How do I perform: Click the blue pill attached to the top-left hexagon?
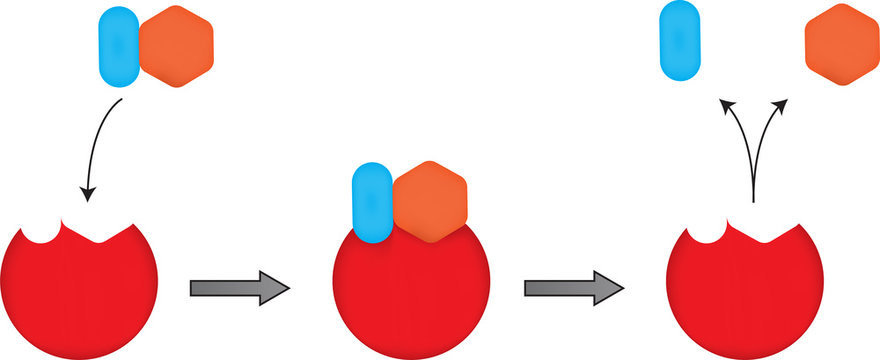click(117, 46)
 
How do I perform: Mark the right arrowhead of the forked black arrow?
click(786, 103)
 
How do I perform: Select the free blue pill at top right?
click(679, 40)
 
